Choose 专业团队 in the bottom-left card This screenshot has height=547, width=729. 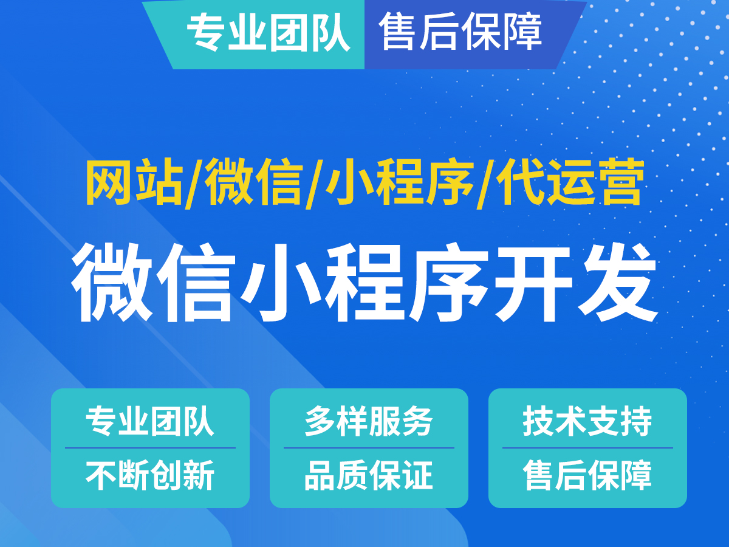pos(150,421)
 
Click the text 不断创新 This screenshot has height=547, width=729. pos(150,475)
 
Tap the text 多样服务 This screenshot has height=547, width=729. pos(369,421)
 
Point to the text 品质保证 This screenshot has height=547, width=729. pos(369,475)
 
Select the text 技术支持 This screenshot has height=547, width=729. pos(587,421)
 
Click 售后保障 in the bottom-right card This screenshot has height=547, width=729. pos(587,475)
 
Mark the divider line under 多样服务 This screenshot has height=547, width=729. pos(369,448)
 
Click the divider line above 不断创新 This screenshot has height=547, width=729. pos(150,448)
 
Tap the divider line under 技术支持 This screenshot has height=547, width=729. pos(587,448)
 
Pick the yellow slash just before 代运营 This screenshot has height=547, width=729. pos(484,182)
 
